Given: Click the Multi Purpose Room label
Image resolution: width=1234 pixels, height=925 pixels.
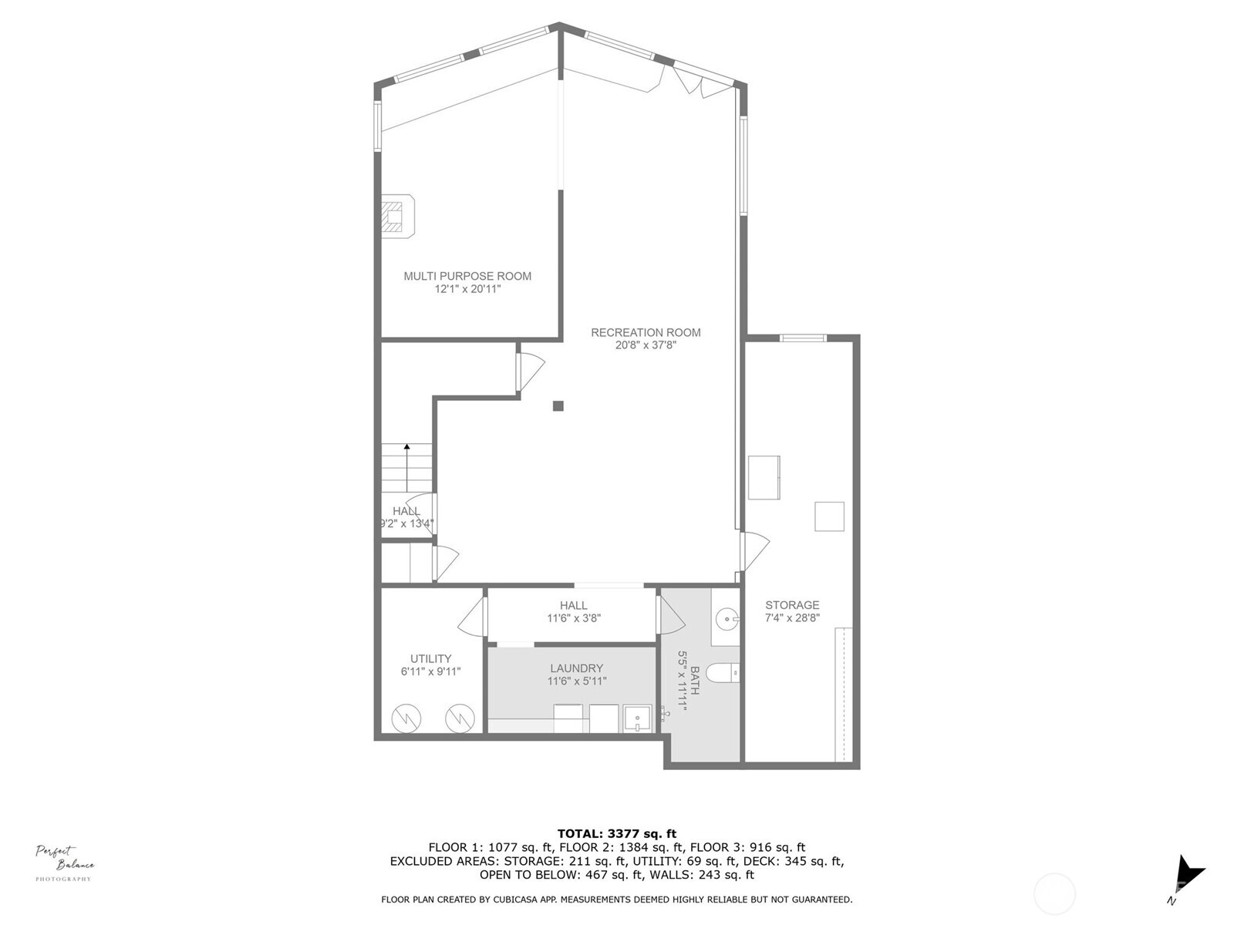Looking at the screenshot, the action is tap(467, 276).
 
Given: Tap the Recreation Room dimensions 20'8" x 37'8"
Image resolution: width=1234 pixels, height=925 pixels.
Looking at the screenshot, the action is tap(646, 345).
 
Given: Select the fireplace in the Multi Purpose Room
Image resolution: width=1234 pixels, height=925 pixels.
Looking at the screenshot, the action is tap(398, 217).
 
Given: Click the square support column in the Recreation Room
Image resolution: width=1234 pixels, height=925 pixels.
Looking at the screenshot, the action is tap(558, 406).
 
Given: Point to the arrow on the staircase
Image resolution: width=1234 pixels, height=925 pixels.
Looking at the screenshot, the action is tap(406, 468).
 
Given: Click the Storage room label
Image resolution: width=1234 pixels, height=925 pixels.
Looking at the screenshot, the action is tap(792, 605).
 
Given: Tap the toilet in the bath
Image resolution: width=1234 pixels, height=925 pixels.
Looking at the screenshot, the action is tap(723, 672).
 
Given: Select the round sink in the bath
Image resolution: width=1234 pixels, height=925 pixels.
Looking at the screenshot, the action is tap(728, 619).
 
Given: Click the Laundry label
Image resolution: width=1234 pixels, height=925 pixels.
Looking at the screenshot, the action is tap(576, 668).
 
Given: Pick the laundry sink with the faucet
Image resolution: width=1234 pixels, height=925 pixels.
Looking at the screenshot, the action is tap(637, 719).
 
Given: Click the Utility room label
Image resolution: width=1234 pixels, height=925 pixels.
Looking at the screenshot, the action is tap(430, 658).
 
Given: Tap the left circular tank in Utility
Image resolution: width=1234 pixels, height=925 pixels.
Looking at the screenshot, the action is tap(406, 718).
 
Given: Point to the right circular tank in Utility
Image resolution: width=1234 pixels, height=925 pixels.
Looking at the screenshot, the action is tap(460, 718).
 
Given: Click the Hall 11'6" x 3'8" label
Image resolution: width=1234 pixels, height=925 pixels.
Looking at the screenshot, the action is tap(574, 611).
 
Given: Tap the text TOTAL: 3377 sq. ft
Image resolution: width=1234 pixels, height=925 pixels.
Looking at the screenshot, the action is tap(617, 833).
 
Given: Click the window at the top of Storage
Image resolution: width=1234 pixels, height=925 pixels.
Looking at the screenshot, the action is tap(803, 338).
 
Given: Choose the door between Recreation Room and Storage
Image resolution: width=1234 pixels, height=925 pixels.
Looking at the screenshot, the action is tap(754, 551).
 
